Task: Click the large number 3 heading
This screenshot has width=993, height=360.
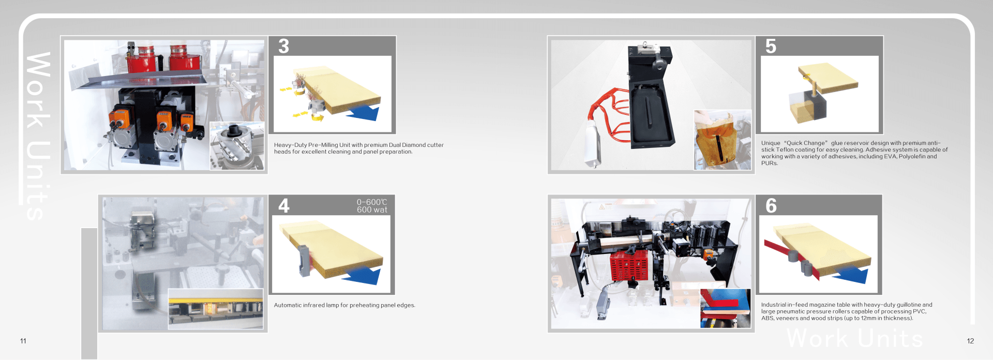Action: tap(283, 46)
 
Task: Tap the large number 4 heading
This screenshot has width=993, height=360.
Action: tap(284, 206)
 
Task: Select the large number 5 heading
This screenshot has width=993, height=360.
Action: tap(771, 46)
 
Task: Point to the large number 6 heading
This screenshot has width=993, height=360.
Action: tap(771, 206)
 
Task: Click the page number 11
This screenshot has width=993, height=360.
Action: tap(23, 341)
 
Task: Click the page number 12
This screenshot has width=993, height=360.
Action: tap(970, 341)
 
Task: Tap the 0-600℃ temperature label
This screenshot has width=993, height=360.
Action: tap(372, 202)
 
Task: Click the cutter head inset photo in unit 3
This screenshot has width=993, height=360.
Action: tap(237, 146)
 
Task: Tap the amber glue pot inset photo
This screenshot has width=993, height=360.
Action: tap(723, 140)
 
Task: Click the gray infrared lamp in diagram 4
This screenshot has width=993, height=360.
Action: tap(304, 260)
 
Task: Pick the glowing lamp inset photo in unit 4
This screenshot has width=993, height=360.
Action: tap(216, 309)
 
